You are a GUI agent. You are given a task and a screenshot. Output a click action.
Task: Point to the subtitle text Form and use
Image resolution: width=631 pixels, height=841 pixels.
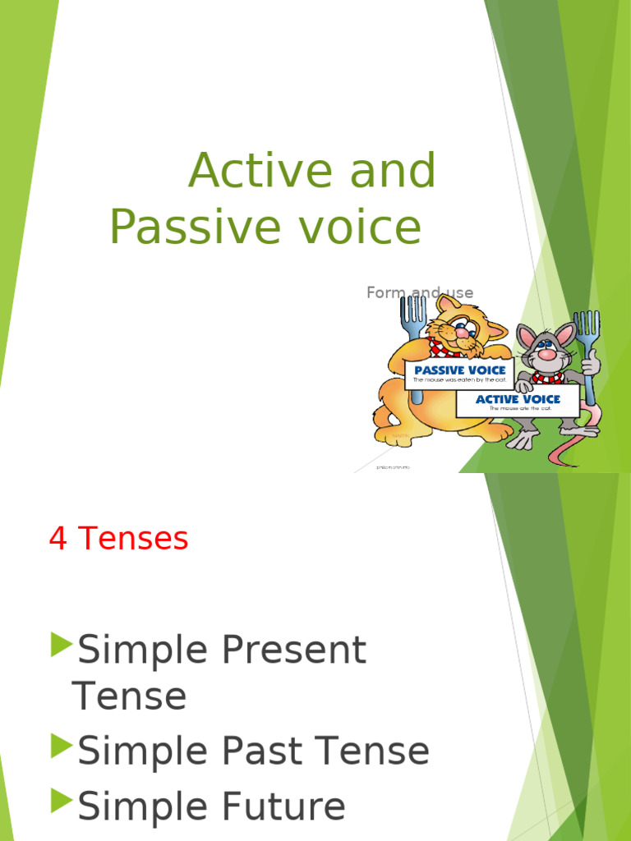(420, 292)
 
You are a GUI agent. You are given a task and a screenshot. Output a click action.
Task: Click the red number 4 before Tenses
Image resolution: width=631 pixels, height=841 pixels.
(58, 540)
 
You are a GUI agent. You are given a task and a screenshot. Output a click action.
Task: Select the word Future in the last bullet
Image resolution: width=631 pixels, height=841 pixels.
(280, 807)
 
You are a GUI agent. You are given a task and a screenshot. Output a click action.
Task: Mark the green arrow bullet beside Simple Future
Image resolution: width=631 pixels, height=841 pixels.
(62, 801)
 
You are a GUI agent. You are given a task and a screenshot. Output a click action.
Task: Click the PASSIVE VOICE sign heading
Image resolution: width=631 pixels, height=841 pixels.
(459, 370)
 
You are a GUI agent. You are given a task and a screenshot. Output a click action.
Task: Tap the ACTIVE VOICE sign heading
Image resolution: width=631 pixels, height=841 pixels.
(518, 399)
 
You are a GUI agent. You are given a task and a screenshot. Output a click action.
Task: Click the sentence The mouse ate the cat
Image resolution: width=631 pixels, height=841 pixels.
(518, 408)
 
